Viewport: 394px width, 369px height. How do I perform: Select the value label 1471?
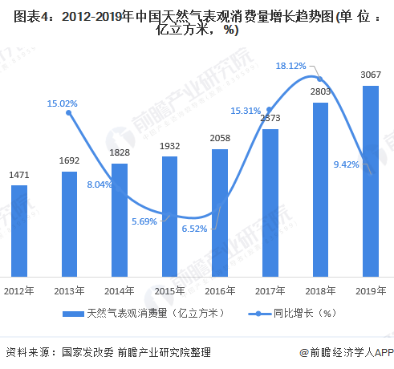click(x=19, y=174)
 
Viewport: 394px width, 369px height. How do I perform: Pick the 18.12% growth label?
click(x=290, y=66)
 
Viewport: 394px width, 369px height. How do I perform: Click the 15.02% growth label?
click(x=63, y=103)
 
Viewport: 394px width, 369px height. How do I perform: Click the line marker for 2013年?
click(x=69, y=113)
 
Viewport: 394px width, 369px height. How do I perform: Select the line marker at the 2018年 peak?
click(x=320, y=79)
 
